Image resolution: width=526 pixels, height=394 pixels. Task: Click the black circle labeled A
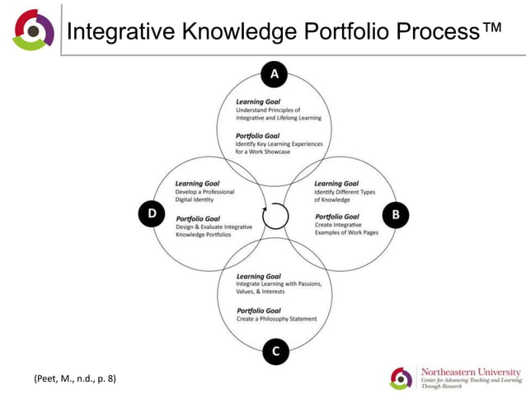274,76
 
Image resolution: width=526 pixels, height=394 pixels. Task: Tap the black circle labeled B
395,215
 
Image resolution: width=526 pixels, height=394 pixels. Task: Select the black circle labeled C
275,352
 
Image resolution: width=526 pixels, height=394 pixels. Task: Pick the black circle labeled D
151,215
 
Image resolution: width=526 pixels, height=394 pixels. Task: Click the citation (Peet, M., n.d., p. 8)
74,378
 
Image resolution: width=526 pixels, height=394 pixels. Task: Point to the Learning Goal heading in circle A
258,101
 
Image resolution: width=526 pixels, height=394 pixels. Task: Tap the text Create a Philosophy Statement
276,319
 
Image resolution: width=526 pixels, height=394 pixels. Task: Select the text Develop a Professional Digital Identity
204,196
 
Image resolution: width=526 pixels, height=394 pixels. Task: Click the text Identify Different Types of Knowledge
344,196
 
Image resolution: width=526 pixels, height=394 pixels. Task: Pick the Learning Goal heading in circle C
258,276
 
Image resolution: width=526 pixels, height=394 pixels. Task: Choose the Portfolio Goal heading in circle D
198,218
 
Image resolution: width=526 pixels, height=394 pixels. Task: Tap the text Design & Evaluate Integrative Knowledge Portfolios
214,231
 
